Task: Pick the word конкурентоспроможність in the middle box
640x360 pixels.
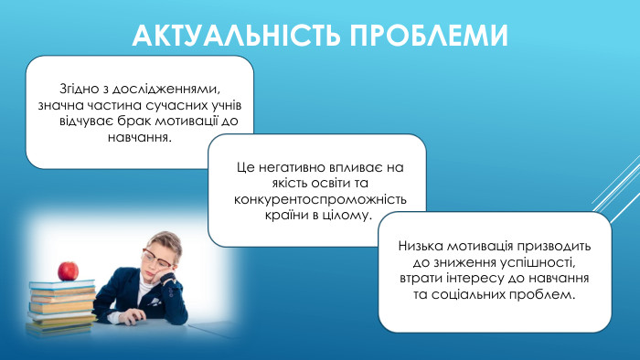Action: point(320,200)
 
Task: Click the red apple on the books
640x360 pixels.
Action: point(66,270)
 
